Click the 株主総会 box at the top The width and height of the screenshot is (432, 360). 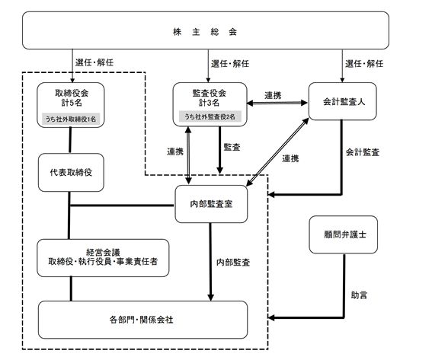click(206, 30)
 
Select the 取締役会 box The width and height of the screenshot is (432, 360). click(71, 105)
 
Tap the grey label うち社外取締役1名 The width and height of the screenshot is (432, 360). click(71, 119)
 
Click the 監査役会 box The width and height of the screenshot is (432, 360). click(210, 104)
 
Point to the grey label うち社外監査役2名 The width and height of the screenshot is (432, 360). click(210, 116)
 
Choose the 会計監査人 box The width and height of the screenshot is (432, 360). click(342, 101)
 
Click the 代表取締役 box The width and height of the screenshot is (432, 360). click(71, 173)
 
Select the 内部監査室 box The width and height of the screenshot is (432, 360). click(211, 204)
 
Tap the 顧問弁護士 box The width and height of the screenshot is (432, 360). click(344, 234)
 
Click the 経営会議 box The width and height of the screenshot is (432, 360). click(103, 258)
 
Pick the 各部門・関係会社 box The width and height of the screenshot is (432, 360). click(142, 320)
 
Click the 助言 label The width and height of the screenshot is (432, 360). click(359, 295)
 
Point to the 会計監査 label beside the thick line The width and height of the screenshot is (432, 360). click(363, 152)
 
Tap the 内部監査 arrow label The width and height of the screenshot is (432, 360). click(233, 263)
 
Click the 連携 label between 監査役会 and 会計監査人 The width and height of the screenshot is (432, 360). click(273, 95)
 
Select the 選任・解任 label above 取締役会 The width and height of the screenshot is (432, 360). click(94, 62)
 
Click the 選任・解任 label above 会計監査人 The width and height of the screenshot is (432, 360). click(364, 64)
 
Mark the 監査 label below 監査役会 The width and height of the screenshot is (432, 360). click(232, 147)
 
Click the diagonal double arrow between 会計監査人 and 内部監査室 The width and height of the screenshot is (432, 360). click(277, 152)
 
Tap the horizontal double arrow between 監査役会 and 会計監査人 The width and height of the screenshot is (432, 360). click(277, 104)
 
